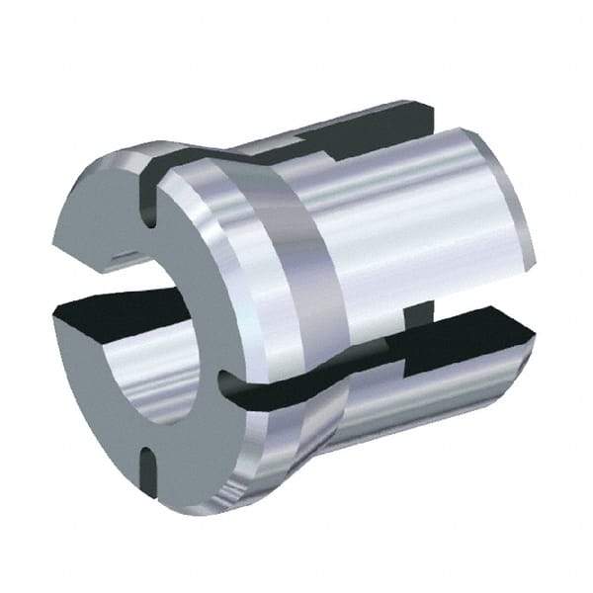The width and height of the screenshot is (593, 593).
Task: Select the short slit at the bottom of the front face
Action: click(146, 465)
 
